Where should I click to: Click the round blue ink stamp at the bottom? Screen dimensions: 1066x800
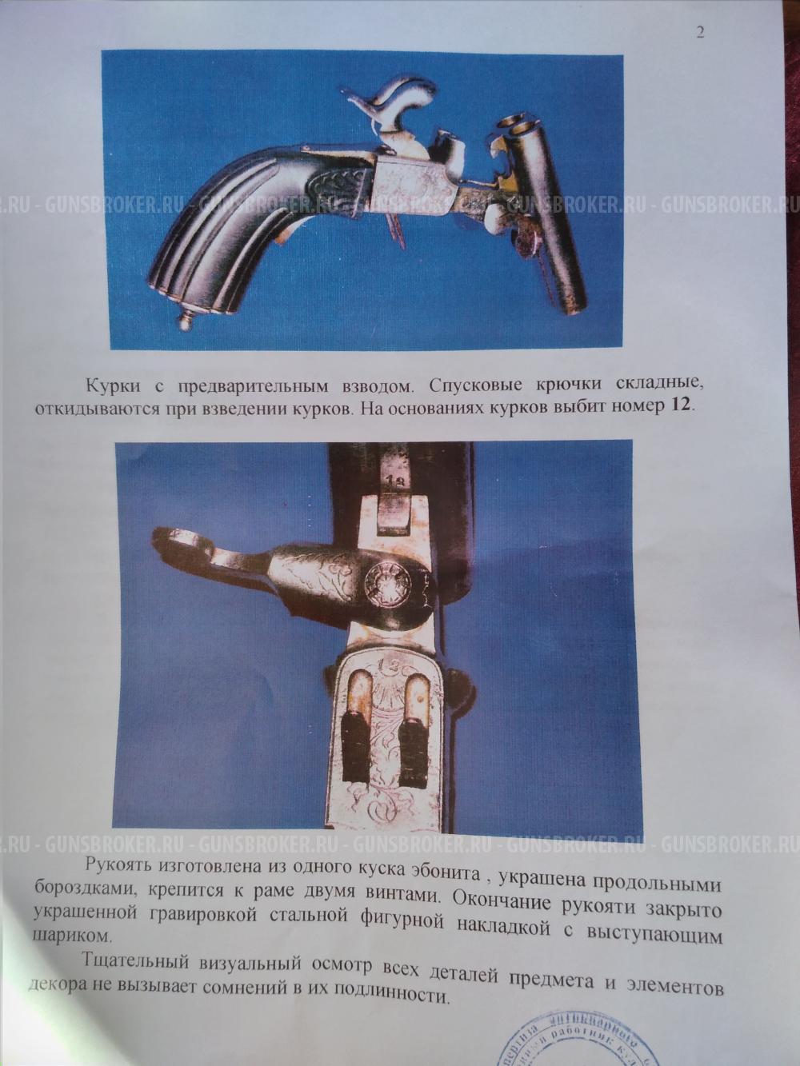pyautogui.click(x=584, y=1040)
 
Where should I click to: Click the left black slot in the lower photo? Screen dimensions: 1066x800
pyautogui.click(x=356, y=736)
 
